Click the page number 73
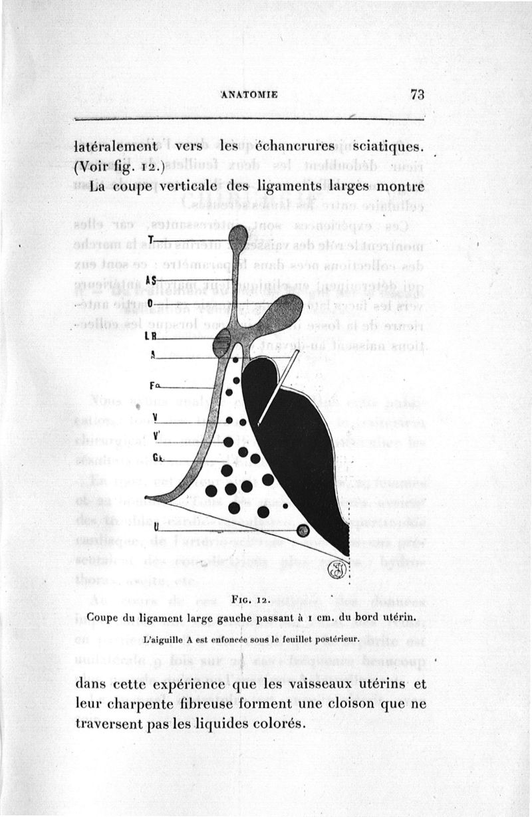click(x=417, y=94)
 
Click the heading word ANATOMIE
click(x=249, y=94)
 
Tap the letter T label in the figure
click(x=152, y=239)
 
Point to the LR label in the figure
click(x=150, y=336)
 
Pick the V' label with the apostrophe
click(x=156, y=436)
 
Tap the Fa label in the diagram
click(x=154, y=386)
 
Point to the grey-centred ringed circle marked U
click(x=303, y=530)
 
